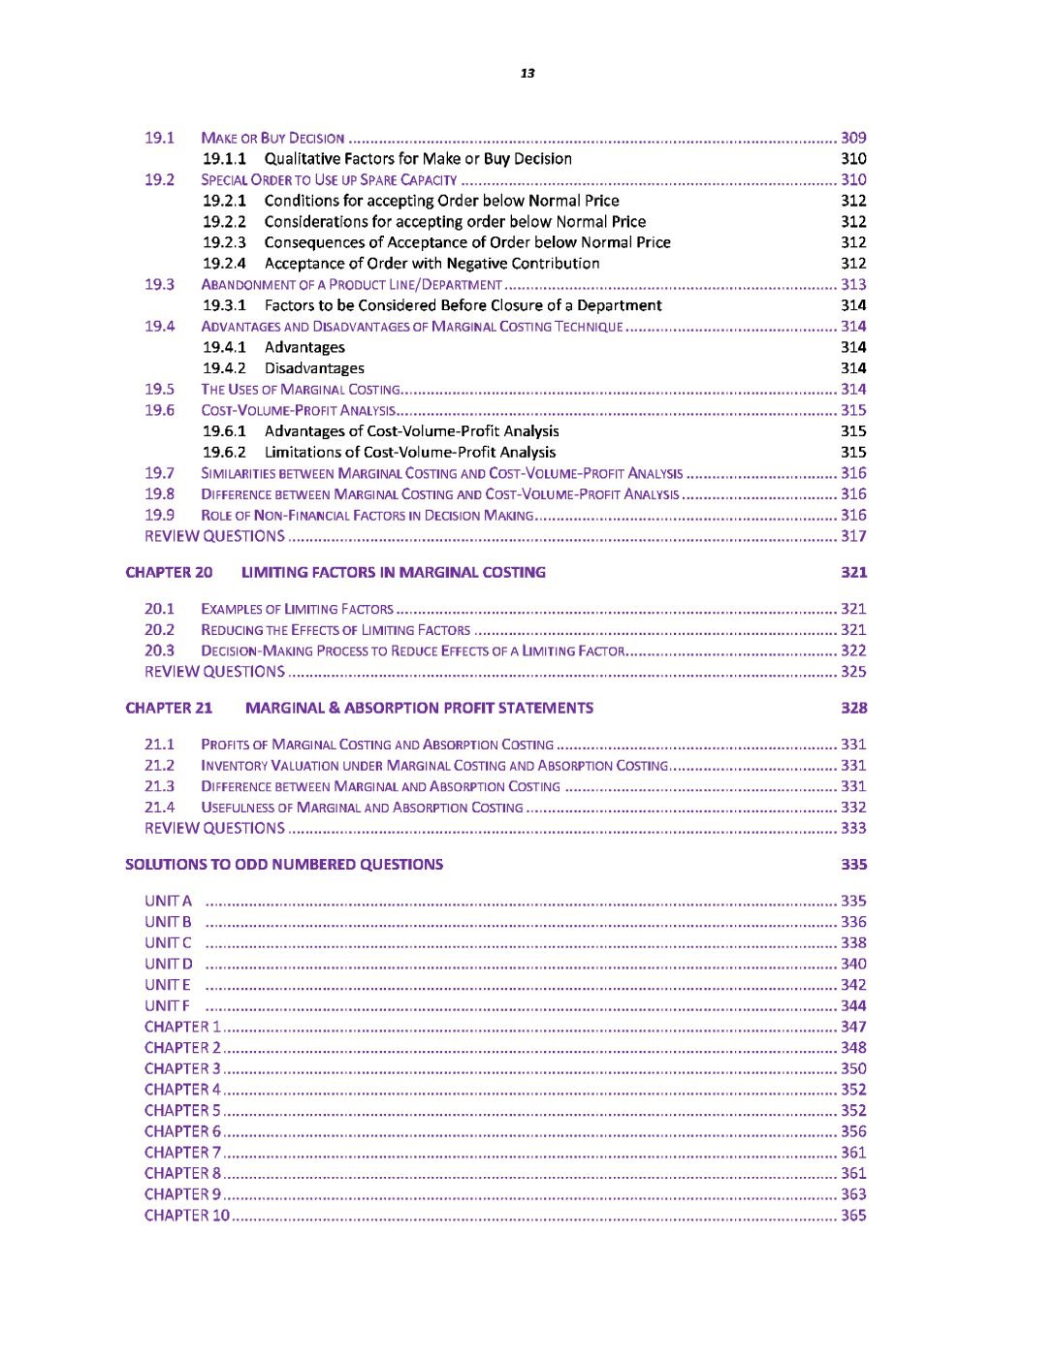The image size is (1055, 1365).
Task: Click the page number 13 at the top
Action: click(527, 74)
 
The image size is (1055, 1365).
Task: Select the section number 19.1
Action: click(159, 138)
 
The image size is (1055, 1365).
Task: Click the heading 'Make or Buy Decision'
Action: click(272, 139)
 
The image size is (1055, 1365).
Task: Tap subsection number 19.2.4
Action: click(224, 264)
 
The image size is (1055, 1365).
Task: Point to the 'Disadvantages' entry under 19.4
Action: click(314, 368)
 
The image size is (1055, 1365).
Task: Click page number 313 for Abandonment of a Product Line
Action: click(853, 284)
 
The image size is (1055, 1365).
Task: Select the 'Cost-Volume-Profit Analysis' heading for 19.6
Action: click(298, 411)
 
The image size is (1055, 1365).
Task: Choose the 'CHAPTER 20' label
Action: click(169, 572)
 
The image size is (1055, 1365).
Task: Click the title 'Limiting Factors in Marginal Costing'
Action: click(393, 572)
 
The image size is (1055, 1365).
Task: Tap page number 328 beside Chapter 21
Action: click(853, 708)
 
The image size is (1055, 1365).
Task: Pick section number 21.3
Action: click(159, 786)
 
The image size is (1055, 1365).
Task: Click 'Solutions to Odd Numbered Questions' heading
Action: click(284, 865)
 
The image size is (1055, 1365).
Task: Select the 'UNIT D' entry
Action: click(169, 964)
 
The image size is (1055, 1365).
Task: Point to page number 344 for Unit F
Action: click(853, 1005)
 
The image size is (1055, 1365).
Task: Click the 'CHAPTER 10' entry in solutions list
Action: click(187, 1216)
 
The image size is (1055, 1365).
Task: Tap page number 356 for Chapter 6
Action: click(853, 1131)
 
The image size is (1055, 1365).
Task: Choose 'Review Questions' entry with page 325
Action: click(214, 672)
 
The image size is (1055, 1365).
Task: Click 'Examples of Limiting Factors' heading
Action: click(297, 609)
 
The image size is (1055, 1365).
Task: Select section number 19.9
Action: click(159, 515)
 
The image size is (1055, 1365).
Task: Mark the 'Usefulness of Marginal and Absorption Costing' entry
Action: click(362, 808)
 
